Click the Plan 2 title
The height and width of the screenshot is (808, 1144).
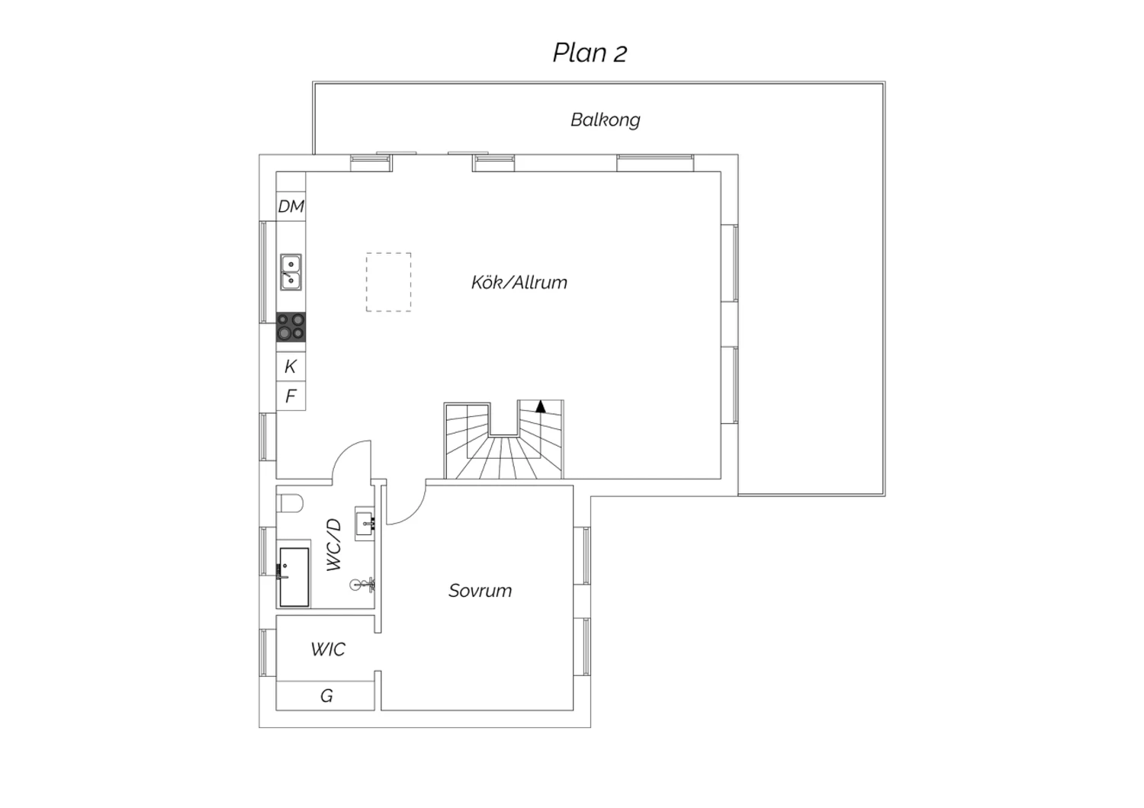(590, 53)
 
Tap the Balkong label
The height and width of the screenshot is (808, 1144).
(606, 120)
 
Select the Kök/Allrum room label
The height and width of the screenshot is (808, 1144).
(519, 282)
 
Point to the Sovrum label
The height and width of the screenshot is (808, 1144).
(480, 591)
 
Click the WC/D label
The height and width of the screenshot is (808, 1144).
(333, 544)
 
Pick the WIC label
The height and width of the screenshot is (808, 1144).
(328, 649)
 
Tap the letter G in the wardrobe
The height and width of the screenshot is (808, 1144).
(326, 696)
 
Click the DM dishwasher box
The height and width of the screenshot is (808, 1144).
(291, 207)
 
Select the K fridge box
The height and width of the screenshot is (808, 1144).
(291, 367)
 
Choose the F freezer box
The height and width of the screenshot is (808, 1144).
(291, 396)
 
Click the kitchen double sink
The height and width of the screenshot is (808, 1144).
(291, 273)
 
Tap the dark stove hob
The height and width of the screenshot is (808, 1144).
(291, 327)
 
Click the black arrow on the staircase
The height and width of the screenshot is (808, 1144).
(540, 407)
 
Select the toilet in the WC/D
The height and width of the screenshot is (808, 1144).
(290, 503)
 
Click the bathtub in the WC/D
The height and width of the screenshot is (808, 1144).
(294, 577)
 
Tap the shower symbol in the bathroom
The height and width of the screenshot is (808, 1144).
(362, 585)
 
